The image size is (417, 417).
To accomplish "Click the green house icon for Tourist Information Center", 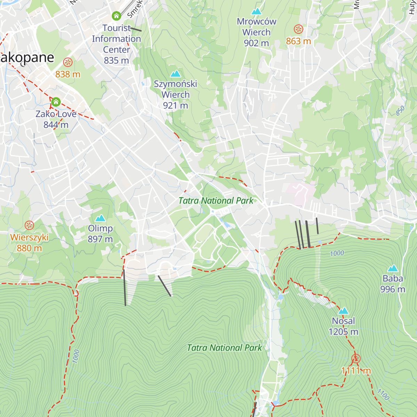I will point(116,16).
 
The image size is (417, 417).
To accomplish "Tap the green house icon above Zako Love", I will point(56,102).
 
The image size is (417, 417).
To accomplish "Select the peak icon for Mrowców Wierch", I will point(256,11).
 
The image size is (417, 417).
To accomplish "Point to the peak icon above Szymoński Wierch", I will point(175,74).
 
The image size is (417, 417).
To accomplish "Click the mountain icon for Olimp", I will point(100,218).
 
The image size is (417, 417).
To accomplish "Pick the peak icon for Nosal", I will point(343,311).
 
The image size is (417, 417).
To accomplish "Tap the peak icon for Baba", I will point(393,268).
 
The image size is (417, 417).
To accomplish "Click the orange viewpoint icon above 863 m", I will point(299,29).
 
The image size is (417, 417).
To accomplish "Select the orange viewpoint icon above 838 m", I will point(68,63).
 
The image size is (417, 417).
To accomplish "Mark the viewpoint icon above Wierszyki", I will point(29,226).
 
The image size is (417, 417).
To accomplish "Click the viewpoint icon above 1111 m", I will point(356,359).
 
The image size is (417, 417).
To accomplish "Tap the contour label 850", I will point(400,111).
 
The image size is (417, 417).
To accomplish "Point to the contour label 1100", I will point(383,394).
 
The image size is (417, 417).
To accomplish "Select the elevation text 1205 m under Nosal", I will point(343,332).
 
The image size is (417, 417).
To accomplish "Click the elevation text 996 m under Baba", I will point(393,289).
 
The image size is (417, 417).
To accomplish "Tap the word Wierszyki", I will point(29,237).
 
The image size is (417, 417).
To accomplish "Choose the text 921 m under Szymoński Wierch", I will point(175,105).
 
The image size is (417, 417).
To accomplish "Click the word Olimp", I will point(100,228).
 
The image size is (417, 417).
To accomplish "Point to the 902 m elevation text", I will point(256,43).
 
